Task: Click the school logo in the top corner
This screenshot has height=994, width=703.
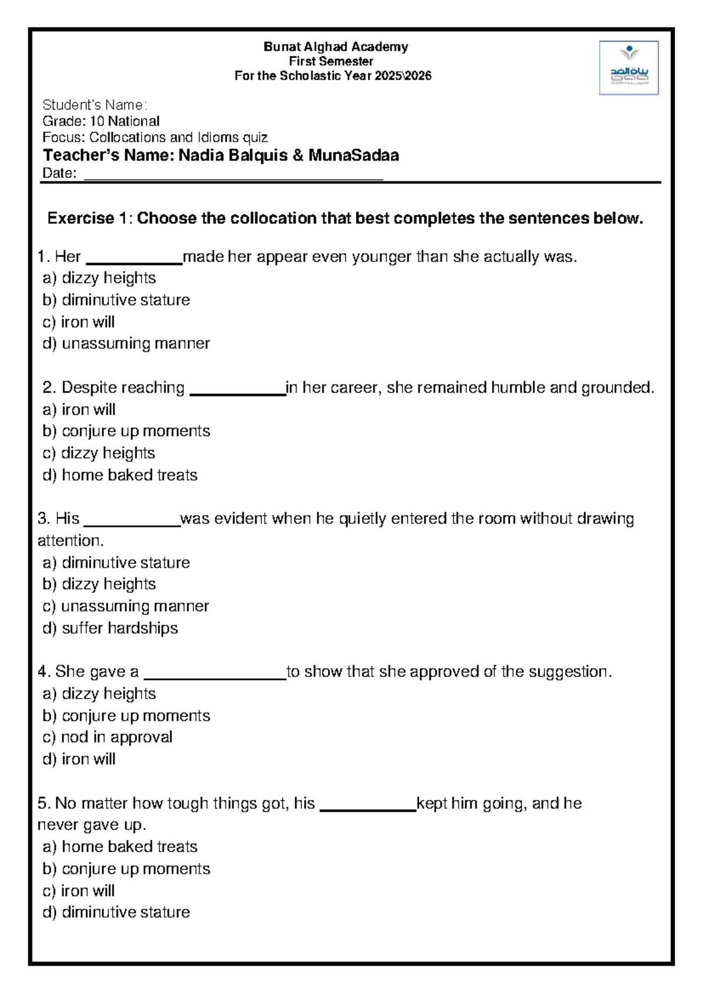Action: [x=629, y=67]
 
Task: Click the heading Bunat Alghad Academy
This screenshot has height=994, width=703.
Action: [x=336, y=47]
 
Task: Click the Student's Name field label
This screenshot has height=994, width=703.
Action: [x=94, y=105]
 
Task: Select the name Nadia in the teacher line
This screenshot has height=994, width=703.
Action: [x=199, y=155]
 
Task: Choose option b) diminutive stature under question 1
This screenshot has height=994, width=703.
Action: [x=116, y=300]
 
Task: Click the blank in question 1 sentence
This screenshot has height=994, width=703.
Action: [x=134, y=258]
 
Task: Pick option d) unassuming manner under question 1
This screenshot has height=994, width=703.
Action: [x=126, y=343]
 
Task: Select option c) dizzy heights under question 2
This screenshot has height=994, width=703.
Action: [x=98, y=453]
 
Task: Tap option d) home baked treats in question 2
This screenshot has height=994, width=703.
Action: [x=120, y=475]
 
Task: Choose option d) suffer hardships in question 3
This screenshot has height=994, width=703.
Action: [x=110, y=628]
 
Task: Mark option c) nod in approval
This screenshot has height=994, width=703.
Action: [x=107, y=737]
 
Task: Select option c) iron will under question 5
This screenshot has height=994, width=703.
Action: [x=79, y=891]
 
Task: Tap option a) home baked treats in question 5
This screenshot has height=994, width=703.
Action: [x=120, y=847]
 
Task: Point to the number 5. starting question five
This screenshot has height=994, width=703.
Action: [x=44, y=804]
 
